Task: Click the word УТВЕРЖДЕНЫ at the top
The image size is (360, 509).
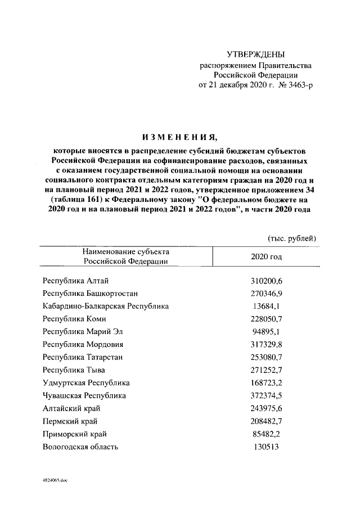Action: click(255, 55)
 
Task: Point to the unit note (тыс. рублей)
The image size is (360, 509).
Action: click(291, 238)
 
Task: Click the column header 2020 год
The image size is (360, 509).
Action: click(265, 256)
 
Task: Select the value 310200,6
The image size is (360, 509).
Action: click(265, 281)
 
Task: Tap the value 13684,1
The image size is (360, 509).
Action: click(265, 306)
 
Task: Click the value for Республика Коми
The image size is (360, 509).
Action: click(265, 319)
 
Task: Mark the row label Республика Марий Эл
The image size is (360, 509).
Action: click(82, 332)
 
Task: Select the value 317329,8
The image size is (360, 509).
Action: click(265, 344)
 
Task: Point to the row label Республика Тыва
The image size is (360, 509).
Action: click(74, 370)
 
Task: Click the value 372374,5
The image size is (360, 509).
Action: click(265, 395)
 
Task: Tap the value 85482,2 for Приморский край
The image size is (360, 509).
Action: click(265, 434)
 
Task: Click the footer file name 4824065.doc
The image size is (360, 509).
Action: click(55, 483)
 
